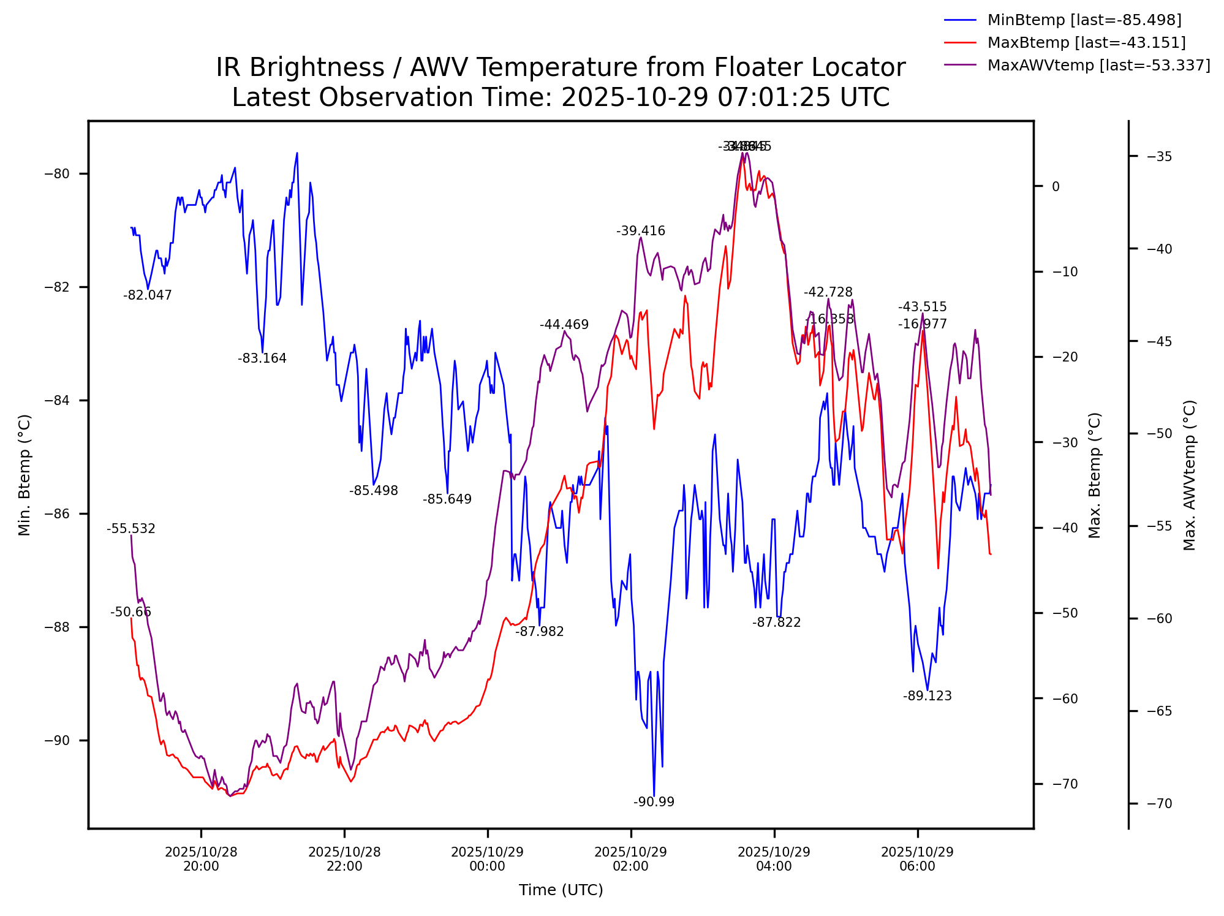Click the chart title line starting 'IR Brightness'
561,67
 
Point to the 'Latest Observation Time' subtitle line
561,98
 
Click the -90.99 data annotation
654,802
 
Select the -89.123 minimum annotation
927,696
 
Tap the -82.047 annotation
148,295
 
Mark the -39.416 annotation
641,231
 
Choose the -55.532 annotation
131,529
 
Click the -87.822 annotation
776,623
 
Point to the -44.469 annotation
564,325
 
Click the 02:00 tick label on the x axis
630,859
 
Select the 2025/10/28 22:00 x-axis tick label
344,859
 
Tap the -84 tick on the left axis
57,401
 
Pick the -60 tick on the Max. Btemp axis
1065,698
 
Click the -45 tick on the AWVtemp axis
1158,341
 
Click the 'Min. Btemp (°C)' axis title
25,475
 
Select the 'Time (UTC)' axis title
561,890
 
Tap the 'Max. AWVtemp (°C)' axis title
1190,475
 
